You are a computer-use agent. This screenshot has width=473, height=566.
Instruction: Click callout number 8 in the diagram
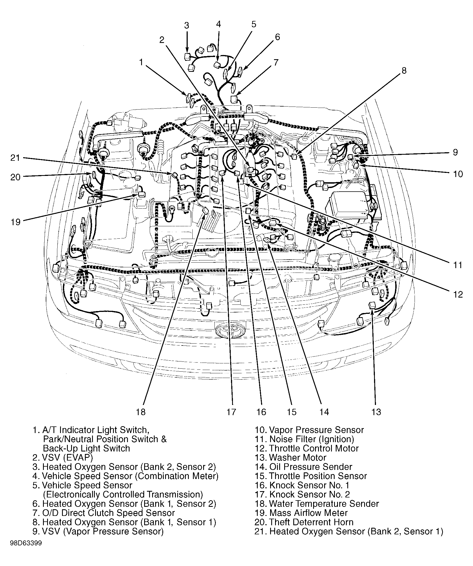(x=404, y=71)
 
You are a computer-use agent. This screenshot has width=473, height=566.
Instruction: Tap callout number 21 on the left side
(x=15, y=158)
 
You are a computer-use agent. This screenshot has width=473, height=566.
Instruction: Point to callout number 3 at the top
(x=187, y=26)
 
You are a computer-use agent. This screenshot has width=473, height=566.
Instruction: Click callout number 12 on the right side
(x=458, y=295)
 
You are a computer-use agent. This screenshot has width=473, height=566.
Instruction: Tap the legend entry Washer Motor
(x=290, y=458)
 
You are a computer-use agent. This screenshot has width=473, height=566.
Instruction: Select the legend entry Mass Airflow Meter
(x=301, y=513)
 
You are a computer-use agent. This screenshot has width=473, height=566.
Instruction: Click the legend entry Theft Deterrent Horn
(x=304, y=522)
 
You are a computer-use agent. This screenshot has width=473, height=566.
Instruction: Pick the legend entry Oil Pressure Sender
(x=303, y=467)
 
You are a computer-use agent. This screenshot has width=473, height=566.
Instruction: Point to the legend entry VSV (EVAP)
(x=63, y=458)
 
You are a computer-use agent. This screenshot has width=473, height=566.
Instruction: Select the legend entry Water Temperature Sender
(x=316, y=504)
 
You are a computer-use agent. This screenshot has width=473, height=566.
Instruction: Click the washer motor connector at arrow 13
(x=372, y=305)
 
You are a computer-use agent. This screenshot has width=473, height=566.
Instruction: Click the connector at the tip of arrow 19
(x=142, y=194)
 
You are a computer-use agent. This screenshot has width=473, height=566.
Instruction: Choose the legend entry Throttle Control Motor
(x=307, y=448)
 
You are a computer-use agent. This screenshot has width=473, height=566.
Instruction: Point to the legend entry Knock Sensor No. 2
(x=302, y=494)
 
